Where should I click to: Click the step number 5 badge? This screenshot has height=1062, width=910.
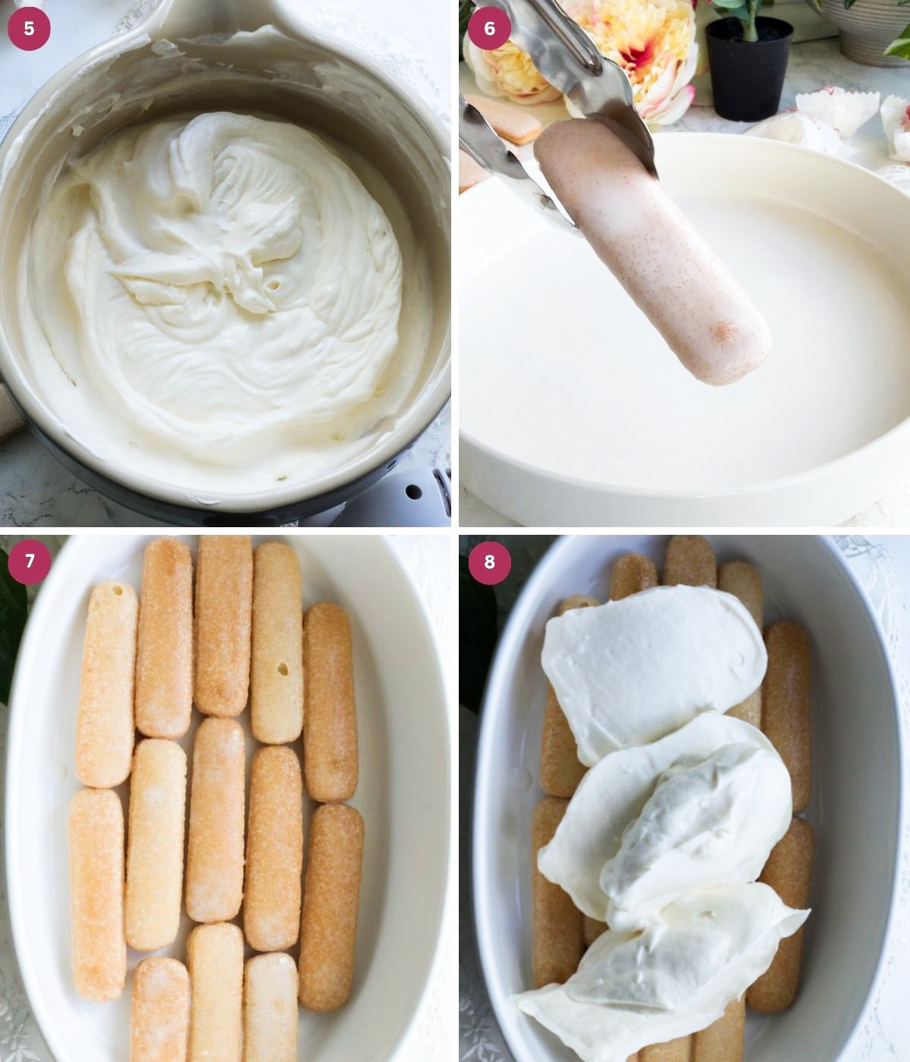pyautogui.click(x=29, y=29)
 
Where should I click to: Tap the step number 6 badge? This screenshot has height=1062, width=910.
pyautogui.click(x=489, y=29)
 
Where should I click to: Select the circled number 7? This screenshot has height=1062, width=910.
pyautogui.click(x=30, y=561)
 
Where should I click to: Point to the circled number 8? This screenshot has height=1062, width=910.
pyautogui.click(x=489, y=561)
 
